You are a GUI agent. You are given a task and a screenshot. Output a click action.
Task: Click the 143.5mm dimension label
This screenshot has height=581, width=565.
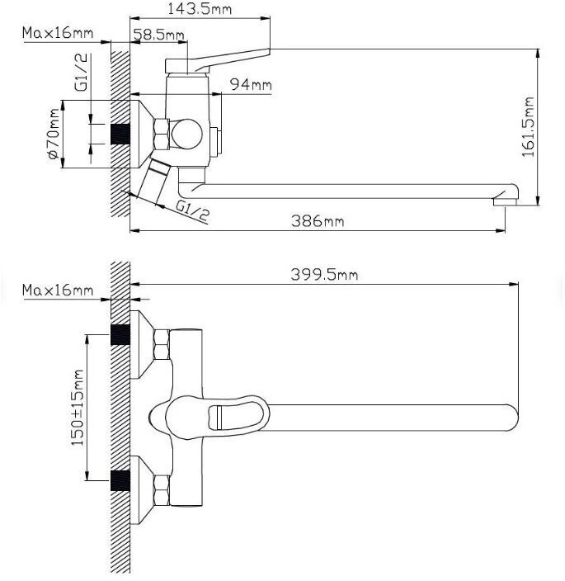coord(200,9)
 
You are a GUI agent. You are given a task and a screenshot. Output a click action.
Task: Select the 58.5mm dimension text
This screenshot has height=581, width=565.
coord(158,35)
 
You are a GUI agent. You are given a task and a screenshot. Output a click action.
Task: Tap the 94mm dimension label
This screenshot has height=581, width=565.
coord(251,84)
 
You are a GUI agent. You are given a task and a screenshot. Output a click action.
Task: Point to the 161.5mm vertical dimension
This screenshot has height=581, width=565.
coord(528,127)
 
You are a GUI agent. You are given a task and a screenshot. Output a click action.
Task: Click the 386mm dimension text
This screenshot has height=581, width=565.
coord(318,221)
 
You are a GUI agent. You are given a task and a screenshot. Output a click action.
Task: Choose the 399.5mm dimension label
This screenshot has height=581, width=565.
coord(324,275)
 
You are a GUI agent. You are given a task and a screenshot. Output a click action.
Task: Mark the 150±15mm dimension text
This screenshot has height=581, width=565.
coord(77,408)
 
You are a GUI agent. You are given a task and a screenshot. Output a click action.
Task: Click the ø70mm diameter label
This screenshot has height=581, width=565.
coord(54,135)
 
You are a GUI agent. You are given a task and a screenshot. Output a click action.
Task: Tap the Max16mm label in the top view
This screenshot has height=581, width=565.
coord(58,33)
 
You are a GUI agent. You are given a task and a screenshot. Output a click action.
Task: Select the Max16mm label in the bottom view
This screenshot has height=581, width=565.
coord(58,290)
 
